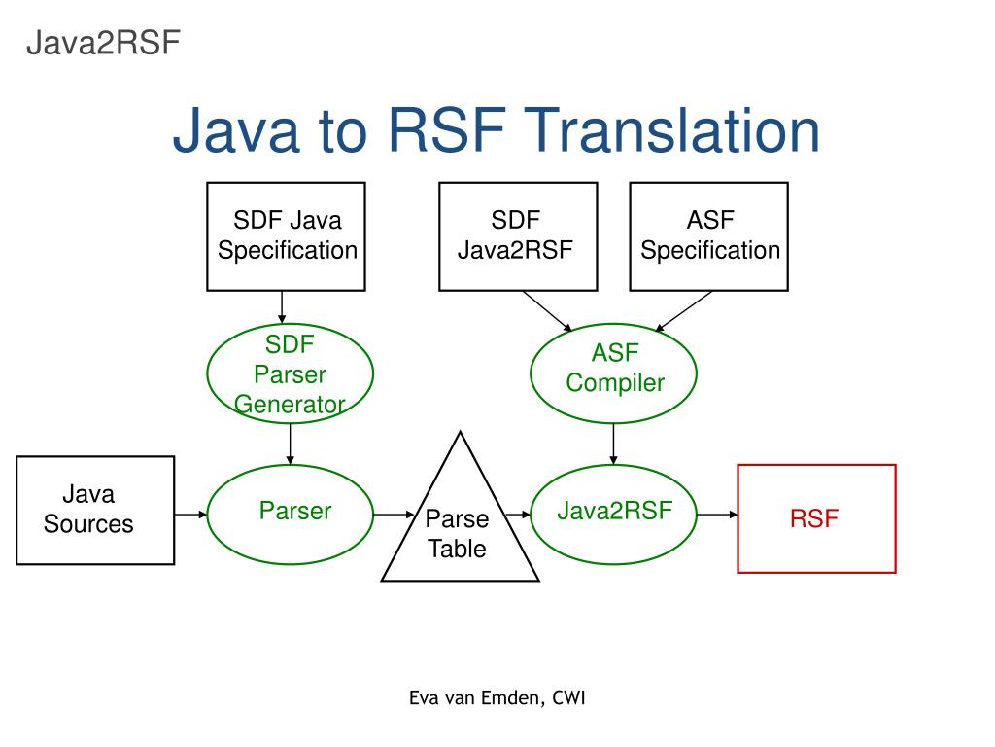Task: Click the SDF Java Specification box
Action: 286,236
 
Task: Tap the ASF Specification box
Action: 708,236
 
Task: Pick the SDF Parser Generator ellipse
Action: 290,373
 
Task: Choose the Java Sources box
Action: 95,510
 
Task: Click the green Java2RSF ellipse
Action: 614,514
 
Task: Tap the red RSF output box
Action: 816,518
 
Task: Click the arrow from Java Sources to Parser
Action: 190,514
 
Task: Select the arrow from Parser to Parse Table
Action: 395,514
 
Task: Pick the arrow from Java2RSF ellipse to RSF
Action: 717,514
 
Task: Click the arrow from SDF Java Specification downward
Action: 282,307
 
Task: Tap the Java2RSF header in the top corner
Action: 103,44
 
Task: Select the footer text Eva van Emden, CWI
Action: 497,697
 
